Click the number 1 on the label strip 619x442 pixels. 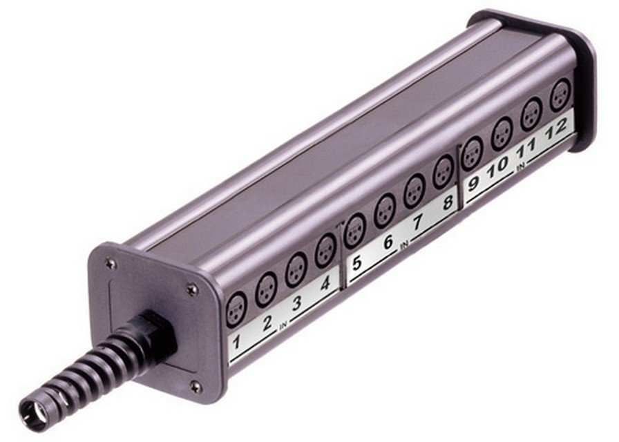click(x=236, y=342)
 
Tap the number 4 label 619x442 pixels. click(x=325, y=284)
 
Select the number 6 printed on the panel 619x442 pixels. click(x=388, y=242)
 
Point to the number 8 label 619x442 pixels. click(x=448, y=202)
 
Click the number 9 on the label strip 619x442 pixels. click(x=473, y=184)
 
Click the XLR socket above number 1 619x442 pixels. click(x=236, y=310)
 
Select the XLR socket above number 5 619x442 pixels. click(x=355, y=231)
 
